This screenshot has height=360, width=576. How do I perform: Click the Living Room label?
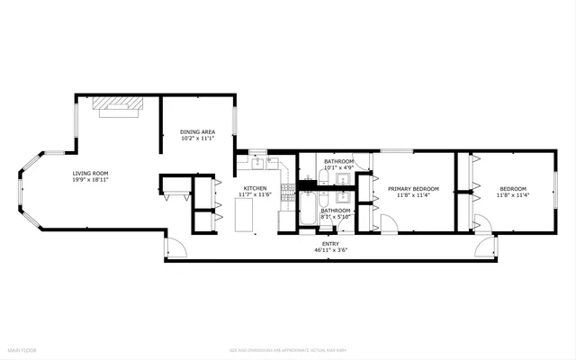91,173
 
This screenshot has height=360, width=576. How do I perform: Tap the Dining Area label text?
197,132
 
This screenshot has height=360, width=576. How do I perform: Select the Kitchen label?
253,188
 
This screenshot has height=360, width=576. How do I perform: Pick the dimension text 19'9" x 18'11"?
91,180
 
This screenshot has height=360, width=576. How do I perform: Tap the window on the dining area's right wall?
235,120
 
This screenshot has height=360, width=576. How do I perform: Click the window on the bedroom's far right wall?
555,191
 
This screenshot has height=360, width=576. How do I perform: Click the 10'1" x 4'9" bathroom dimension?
339,167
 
